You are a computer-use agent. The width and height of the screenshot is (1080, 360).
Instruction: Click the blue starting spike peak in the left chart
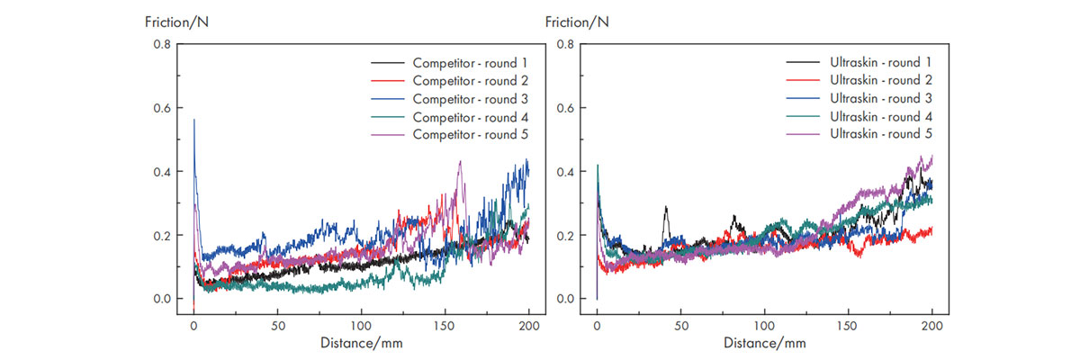tap(193, 120)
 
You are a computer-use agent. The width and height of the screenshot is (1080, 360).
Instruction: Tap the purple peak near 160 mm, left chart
tap(460, 162)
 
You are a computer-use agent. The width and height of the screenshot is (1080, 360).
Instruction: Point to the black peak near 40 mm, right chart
tap(665, 207)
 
